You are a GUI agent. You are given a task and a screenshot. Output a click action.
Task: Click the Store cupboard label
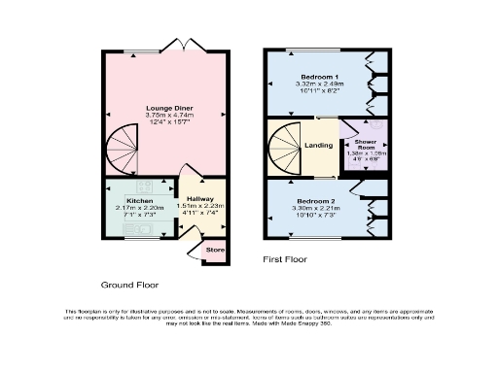tap(214, 250)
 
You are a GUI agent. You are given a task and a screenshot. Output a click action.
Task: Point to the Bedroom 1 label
tap(320, 76)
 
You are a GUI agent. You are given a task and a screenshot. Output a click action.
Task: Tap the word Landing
tap(318, 146)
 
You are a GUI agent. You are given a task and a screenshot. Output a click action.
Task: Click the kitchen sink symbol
tap(136, 229)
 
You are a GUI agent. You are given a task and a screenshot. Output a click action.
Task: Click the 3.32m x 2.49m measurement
tap(320, 85)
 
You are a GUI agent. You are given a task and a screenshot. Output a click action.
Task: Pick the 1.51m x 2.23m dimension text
tap(200, 206)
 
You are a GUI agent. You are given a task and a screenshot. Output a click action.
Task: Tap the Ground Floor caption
tap(130, 285)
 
